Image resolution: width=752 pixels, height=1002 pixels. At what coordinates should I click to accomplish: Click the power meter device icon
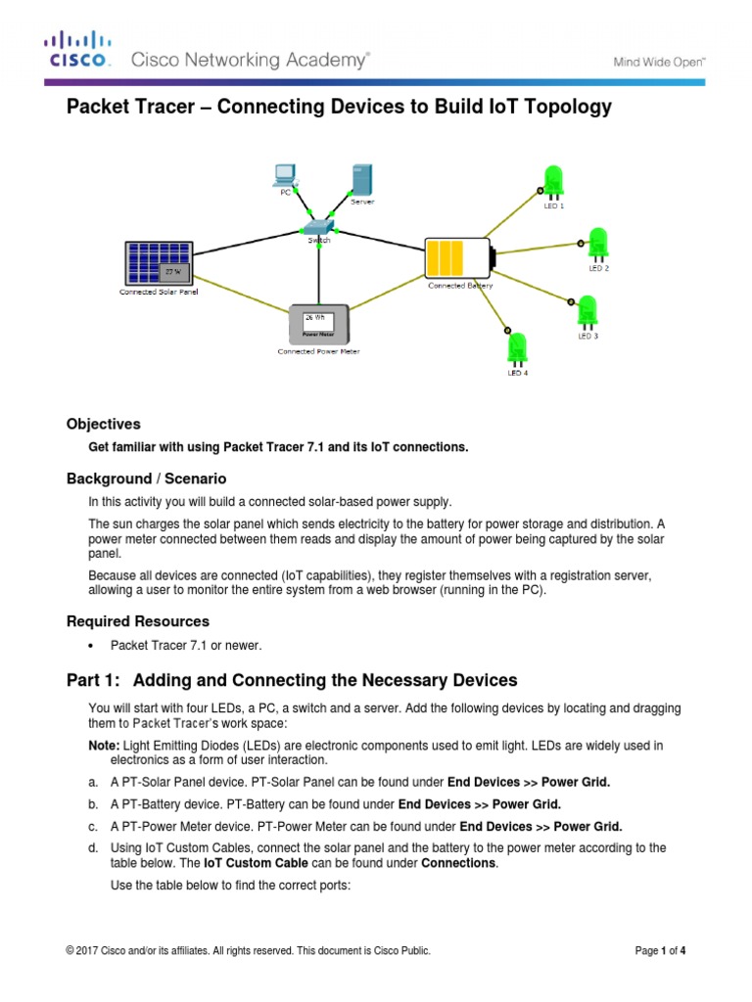pos(318,323)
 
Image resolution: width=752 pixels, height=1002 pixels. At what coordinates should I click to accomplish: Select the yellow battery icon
pos(456,257)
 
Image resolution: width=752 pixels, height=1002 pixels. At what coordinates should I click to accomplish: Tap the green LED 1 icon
pos(553,183)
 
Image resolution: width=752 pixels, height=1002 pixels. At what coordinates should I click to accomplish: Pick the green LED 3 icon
pos(587,312)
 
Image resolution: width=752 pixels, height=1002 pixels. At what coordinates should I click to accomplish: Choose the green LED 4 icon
pos(517,349)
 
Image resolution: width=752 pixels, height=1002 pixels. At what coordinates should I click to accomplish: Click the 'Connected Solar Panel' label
pos(159,292)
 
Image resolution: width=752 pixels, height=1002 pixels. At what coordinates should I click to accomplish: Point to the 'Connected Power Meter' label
pos(318,351)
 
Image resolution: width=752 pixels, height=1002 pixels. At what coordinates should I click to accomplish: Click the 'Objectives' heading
pos(103,425)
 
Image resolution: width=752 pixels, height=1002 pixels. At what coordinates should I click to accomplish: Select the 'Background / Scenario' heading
pos(146,478)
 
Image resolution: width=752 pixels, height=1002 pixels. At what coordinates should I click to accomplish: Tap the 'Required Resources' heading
pos(137,621)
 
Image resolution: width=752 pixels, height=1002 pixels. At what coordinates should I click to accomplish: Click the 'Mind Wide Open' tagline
pos(659,61)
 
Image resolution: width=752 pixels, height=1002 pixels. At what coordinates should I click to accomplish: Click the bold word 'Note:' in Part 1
pos(106,746)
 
